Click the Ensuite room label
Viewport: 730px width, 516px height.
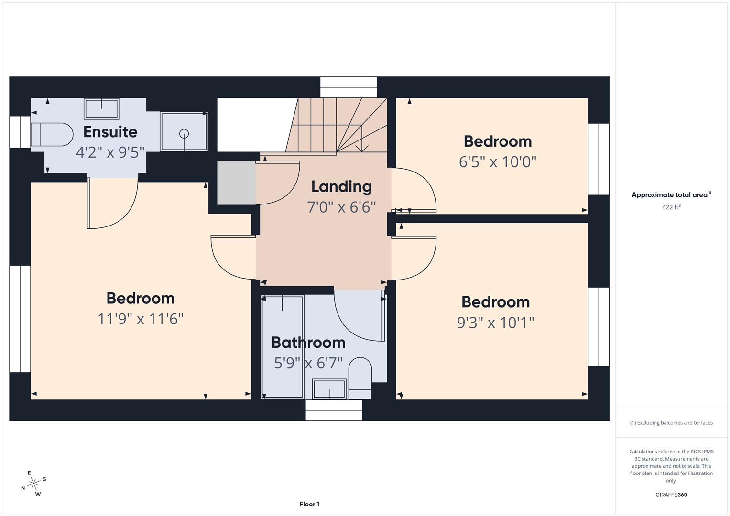(110, 132)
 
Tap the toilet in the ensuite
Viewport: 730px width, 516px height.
(52, 135)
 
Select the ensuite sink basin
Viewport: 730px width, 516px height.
(101, 109)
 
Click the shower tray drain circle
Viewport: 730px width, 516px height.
(185, 134)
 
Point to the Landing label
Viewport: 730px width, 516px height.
(341, 186)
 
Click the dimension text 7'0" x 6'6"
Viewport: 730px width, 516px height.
(341, 207)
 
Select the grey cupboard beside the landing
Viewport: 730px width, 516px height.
(236, 183)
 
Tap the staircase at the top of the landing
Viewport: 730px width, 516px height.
(338, 125)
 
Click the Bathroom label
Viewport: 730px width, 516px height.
(308, 343)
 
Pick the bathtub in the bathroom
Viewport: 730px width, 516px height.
(283, 347)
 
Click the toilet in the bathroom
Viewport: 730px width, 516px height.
(360, 377)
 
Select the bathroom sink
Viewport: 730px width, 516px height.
(329, 389)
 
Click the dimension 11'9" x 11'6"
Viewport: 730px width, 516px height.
(141, 319)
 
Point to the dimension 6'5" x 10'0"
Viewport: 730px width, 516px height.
(497, 162)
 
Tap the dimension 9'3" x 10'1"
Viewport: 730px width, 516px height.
(495, 323)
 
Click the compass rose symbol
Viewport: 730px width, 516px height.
(33, 484)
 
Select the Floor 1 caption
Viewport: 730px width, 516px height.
(309, 504)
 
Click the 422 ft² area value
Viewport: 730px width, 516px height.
(671, 207)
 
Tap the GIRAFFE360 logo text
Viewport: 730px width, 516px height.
(671, 494)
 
